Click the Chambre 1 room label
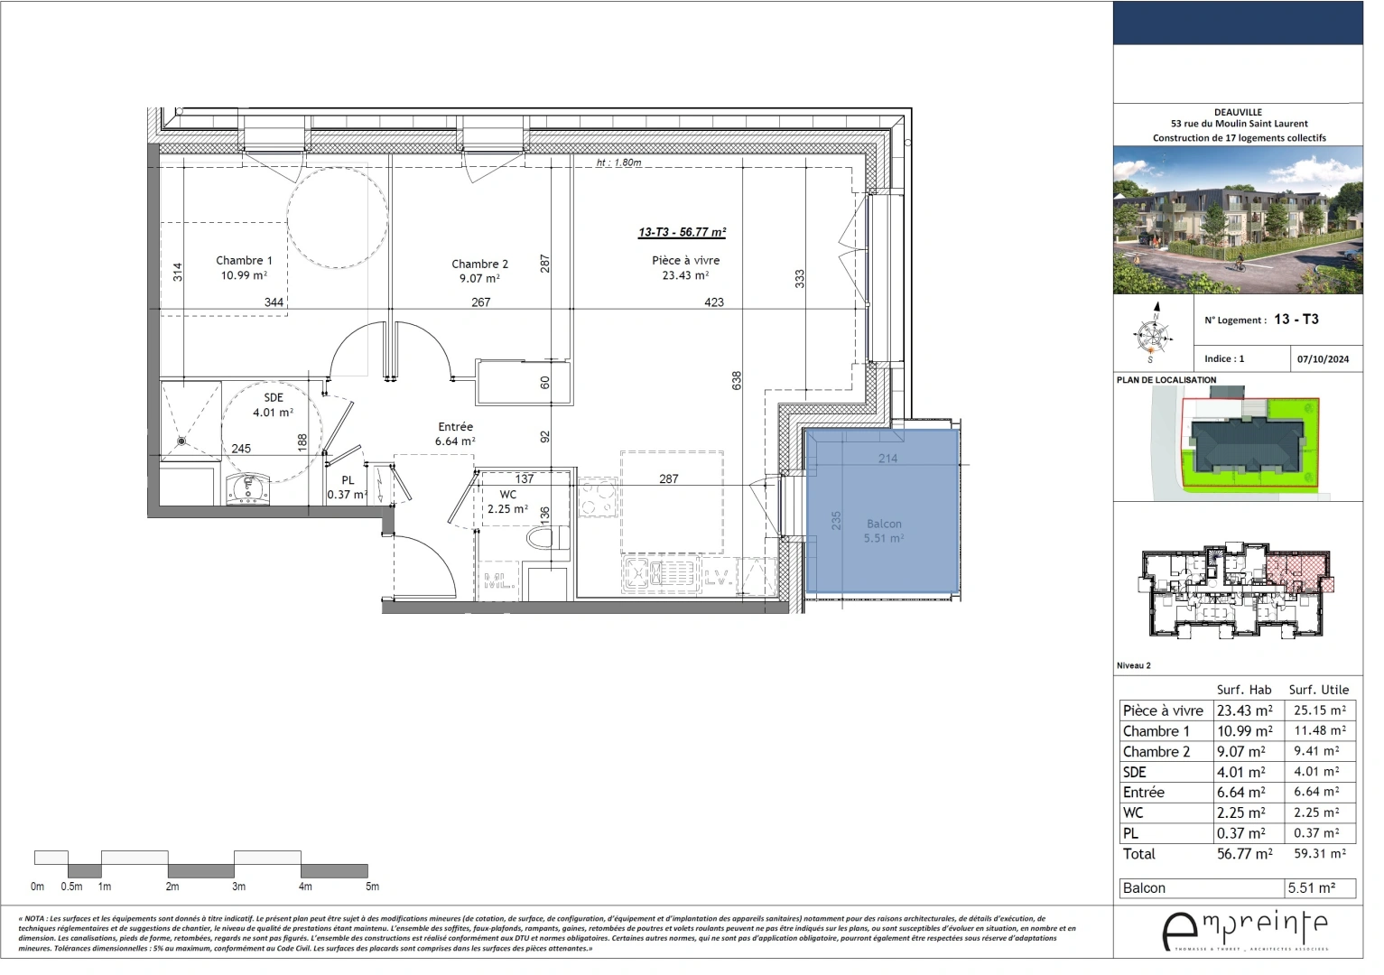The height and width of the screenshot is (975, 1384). (243, 261)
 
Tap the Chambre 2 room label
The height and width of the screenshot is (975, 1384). (479, 265)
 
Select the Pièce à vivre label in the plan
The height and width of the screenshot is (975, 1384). (685, 261)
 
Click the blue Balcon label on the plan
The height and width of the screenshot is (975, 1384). (884, 524)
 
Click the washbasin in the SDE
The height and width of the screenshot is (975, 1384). (246, 489)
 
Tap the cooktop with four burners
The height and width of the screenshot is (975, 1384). (597, 497)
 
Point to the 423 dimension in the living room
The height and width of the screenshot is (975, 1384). (713, 302)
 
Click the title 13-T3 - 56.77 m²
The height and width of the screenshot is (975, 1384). (682, 232)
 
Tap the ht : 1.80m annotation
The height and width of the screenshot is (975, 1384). (618, 163)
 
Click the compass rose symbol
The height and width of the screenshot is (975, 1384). (1153, 334)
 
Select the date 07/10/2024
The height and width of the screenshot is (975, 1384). (1323, 358)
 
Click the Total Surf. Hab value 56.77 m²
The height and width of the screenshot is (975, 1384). (1244, 853)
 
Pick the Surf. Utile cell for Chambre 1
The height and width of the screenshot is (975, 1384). (1319, 730)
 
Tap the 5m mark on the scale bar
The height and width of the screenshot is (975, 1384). (372, 887)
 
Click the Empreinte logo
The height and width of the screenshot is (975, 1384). (1244, 930)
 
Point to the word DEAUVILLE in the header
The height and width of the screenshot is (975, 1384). (1238, 112)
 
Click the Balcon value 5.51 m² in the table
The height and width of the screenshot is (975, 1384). (1311, 887)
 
